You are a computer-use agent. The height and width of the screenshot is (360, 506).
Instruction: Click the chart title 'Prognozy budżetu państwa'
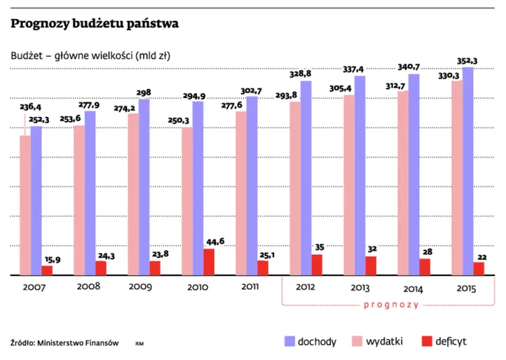[x=95, y=24]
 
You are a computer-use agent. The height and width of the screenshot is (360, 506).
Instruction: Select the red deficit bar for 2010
[x=208, y=262]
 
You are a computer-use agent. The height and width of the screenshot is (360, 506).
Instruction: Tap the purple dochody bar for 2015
[x=467, y=172]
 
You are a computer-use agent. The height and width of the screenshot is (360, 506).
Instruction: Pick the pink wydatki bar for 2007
[x=25, y=205]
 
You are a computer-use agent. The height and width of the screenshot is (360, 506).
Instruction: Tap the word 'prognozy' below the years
[x=392, y=305]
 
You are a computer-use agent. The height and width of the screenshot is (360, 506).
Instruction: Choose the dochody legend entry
[x=308, y=342]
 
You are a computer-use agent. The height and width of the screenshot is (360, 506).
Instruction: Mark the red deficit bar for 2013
[x=370, y=266]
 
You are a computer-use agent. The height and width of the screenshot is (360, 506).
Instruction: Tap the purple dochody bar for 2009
[x=144, y=188]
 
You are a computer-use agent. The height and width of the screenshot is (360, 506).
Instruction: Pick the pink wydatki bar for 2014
[x=402, y=183]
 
